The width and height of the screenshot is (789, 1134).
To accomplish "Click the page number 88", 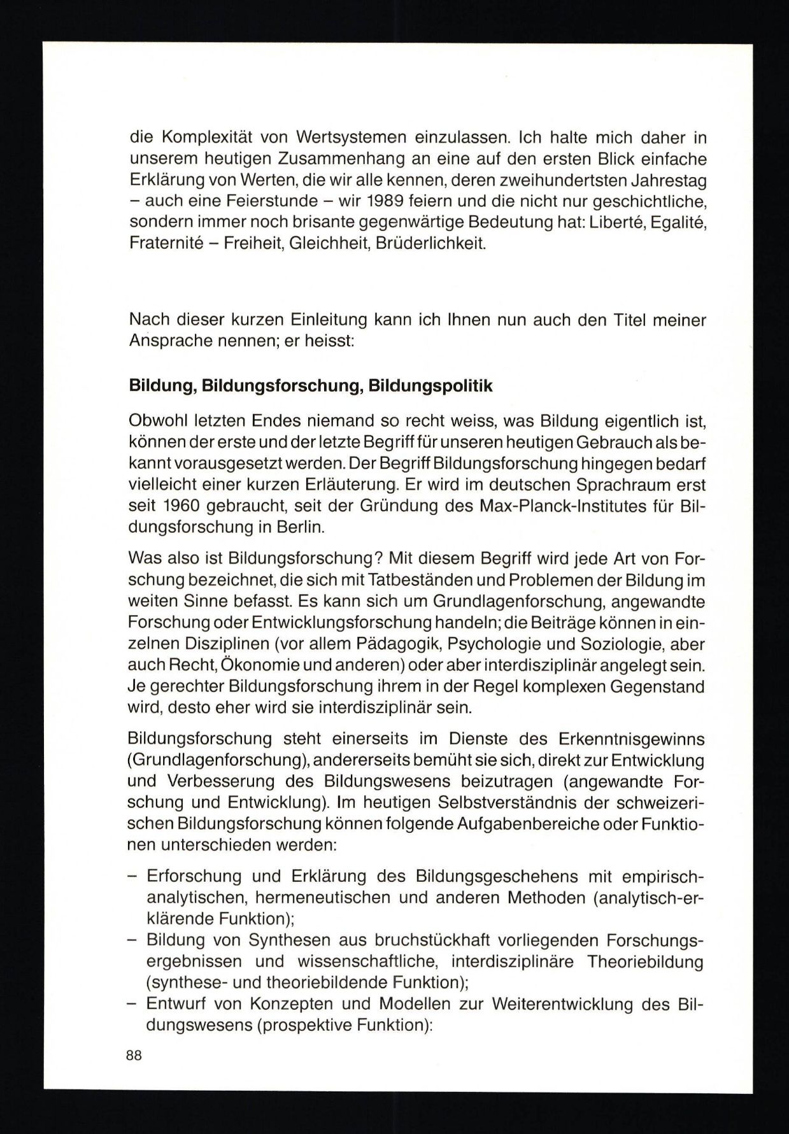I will [x=134, y=1055].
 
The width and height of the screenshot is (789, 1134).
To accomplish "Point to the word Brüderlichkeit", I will [x=430, y=243].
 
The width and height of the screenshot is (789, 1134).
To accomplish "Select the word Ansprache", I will [x=172, y=341].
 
